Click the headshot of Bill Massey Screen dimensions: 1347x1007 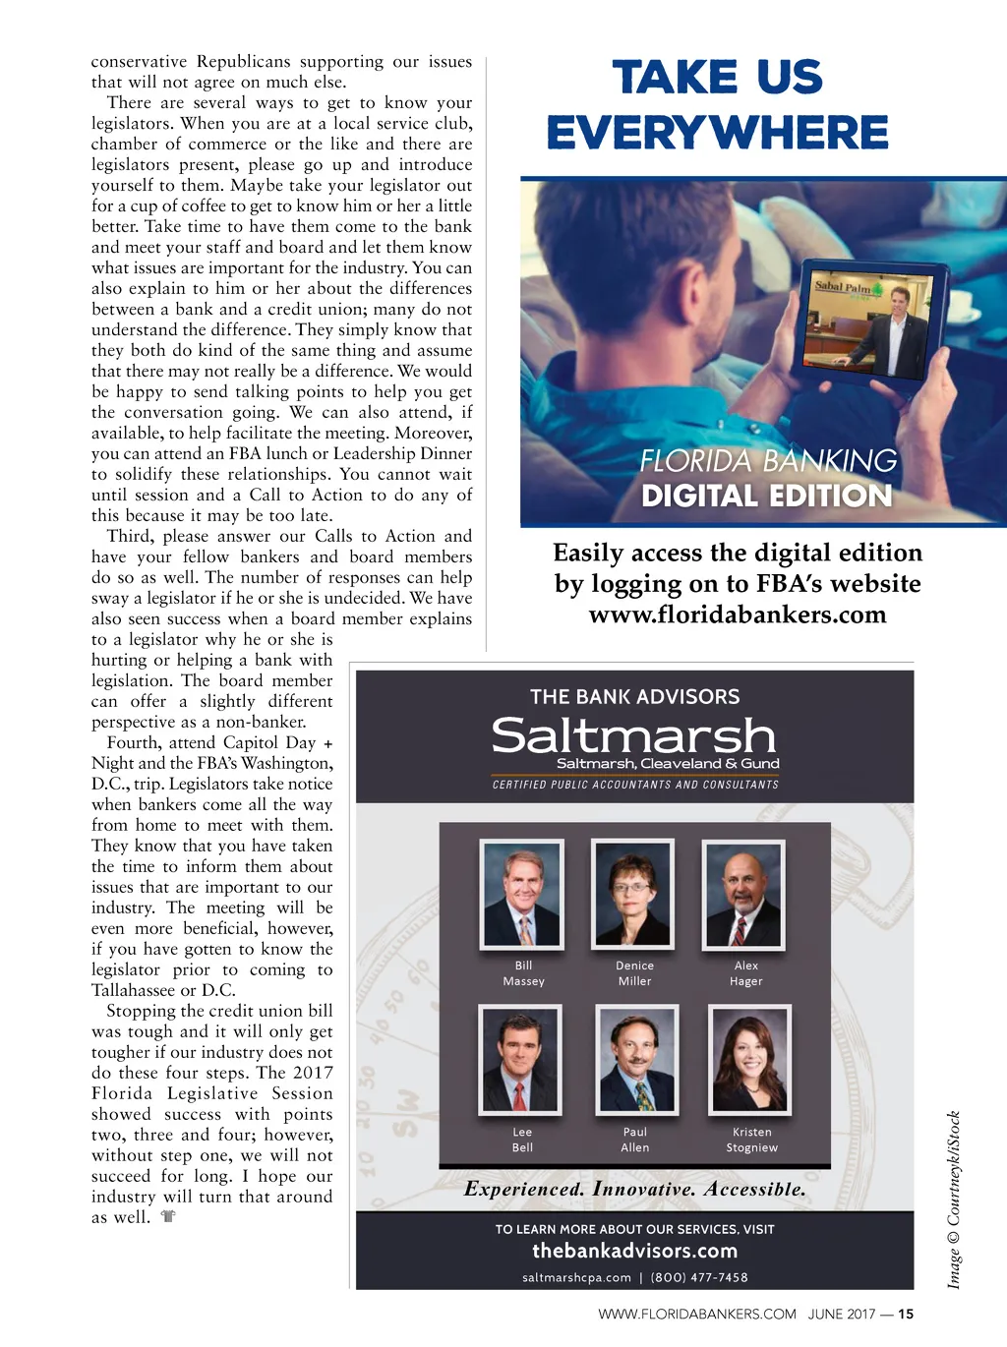522,894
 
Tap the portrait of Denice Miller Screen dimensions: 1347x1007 632,894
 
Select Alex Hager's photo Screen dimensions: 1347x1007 743,894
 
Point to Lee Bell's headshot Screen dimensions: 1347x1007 520,1059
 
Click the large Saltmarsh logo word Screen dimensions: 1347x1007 634,735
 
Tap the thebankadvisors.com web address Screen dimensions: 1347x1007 634,1251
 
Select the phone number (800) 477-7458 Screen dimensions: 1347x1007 699,1277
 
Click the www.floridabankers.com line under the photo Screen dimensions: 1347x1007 738,615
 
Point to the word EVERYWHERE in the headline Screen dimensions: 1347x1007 718,133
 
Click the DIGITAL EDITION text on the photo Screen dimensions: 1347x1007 767,496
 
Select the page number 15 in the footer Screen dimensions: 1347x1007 906,1314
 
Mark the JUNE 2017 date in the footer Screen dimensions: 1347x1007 842,1314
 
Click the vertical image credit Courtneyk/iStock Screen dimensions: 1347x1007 954,1200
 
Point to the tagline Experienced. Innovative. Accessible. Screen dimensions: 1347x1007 635,1189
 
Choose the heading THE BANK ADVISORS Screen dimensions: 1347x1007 634,697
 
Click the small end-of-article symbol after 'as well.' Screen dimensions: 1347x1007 168,1217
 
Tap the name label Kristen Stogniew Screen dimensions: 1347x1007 751,1140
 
